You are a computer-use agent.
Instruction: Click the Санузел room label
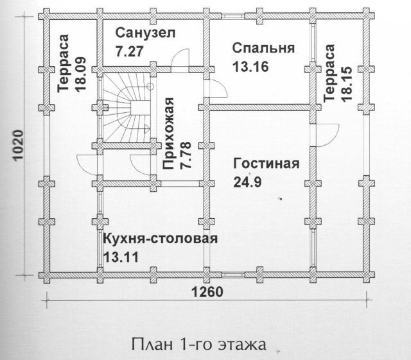click(146, 34)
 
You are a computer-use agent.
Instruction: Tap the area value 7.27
click(130, 51)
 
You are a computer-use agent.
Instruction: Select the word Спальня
click(264, 49)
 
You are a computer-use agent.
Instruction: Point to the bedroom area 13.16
click(250, 67)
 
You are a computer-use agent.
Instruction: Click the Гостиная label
click(267, 164)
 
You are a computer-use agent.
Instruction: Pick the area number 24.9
click(247, 182)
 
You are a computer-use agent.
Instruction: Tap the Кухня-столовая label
click(161, 239)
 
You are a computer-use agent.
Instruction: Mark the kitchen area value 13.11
click(121, 257)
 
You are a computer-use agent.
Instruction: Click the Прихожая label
click(168, 133)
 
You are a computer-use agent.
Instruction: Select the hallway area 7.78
click(186, 155)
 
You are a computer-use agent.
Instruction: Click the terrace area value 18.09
click(80, 74)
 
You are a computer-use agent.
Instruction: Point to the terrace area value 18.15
click(346, 83)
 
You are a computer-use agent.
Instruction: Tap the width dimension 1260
click(208, 292)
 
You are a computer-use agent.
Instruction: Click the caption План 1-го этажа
click(199, 345)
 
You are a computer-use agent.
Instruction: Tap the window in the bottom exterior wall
click(232, 275)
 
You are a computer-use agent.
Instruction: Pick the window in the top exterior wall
click(232, 16)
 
